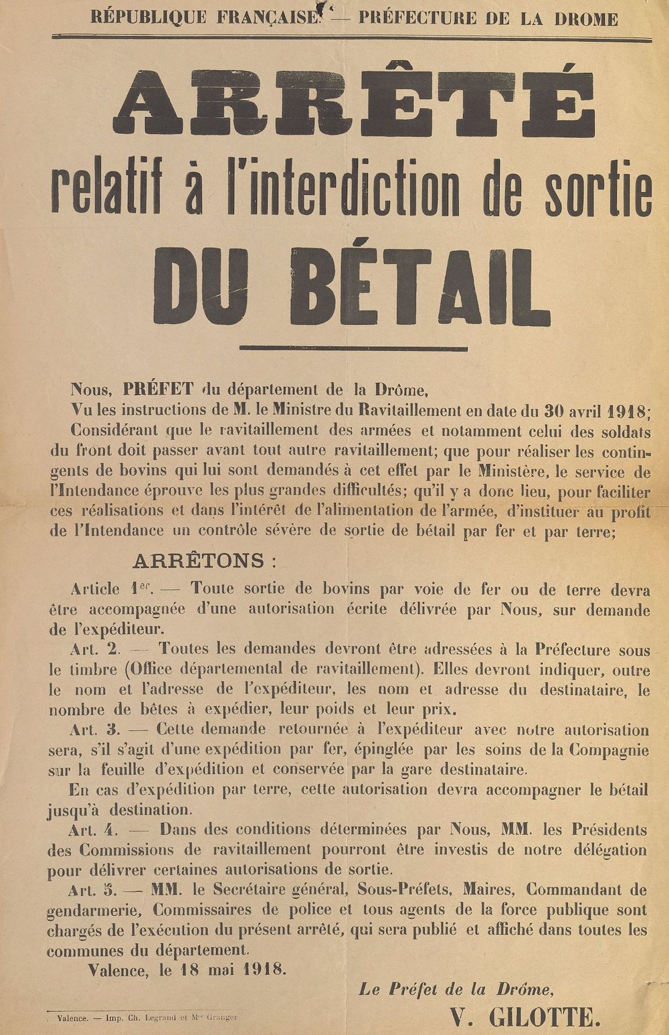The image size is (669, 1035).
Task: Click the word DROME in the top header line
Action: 585,19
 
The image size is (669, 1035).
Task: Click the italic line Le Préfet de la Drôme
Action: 456,989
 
